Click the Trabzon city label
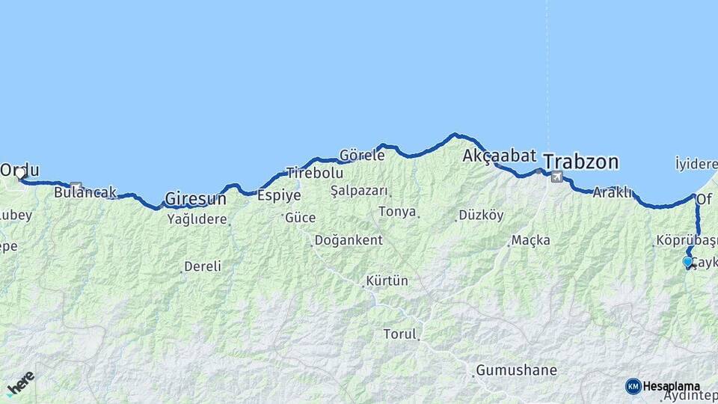pos(580,162)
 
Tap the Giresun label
pos(195,199)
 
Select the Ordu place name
pos(20,170)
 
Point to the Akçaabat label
pos(500,156)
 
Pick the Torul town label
pos(399,334)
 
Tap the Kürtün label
pos(387,281)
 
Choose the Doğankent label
pos(349,240)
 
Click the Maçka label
pos(531,240)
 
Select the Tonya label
pos(397,212)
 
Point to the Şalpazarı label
pos(360,191)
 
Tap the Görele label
pos(362,156)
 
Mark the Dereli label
pos(203,266)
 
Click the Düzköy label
pos(481,215)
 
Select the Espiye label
pos(279,195)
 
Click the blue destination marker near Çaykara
pos(687,262)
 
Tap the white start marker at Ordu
pos(19,175)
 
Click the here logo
pos(21,382)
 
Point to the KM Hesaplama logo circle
pos(633,386)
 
